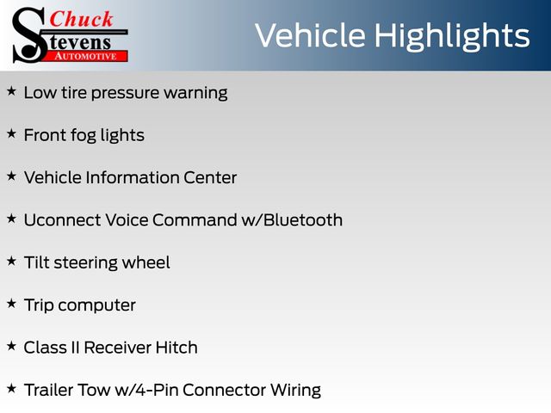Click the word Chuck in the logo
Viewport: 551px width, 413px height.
pos(81,19)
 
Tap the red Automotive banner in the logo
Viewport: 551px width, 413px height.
pos(85,56)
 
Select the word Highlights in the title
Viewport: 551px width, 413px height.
pos(451,36)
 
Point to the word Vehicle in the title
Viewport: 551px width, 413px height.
pos(310,35)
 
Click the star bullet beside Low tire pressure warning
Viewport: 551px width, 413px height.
pos(11,91)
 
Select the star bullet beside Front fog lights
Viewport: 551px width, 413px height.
pos(11,134)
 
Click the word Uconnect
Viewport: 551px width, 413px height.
pos(62,220)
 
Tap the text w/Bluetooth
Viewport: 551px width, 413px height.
pos(292,220)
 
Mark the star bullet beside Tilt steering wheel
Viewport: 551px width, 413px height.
pos(11,262)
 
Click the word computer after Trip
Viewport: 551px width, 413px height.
pos(97,306)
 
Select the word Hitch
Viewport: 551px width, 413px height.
pos(176,348)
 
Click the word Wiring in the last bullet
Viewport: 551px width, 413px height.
pos(295,391)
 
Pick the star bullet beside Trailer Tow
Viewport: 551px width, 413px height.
pos(11,389)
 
